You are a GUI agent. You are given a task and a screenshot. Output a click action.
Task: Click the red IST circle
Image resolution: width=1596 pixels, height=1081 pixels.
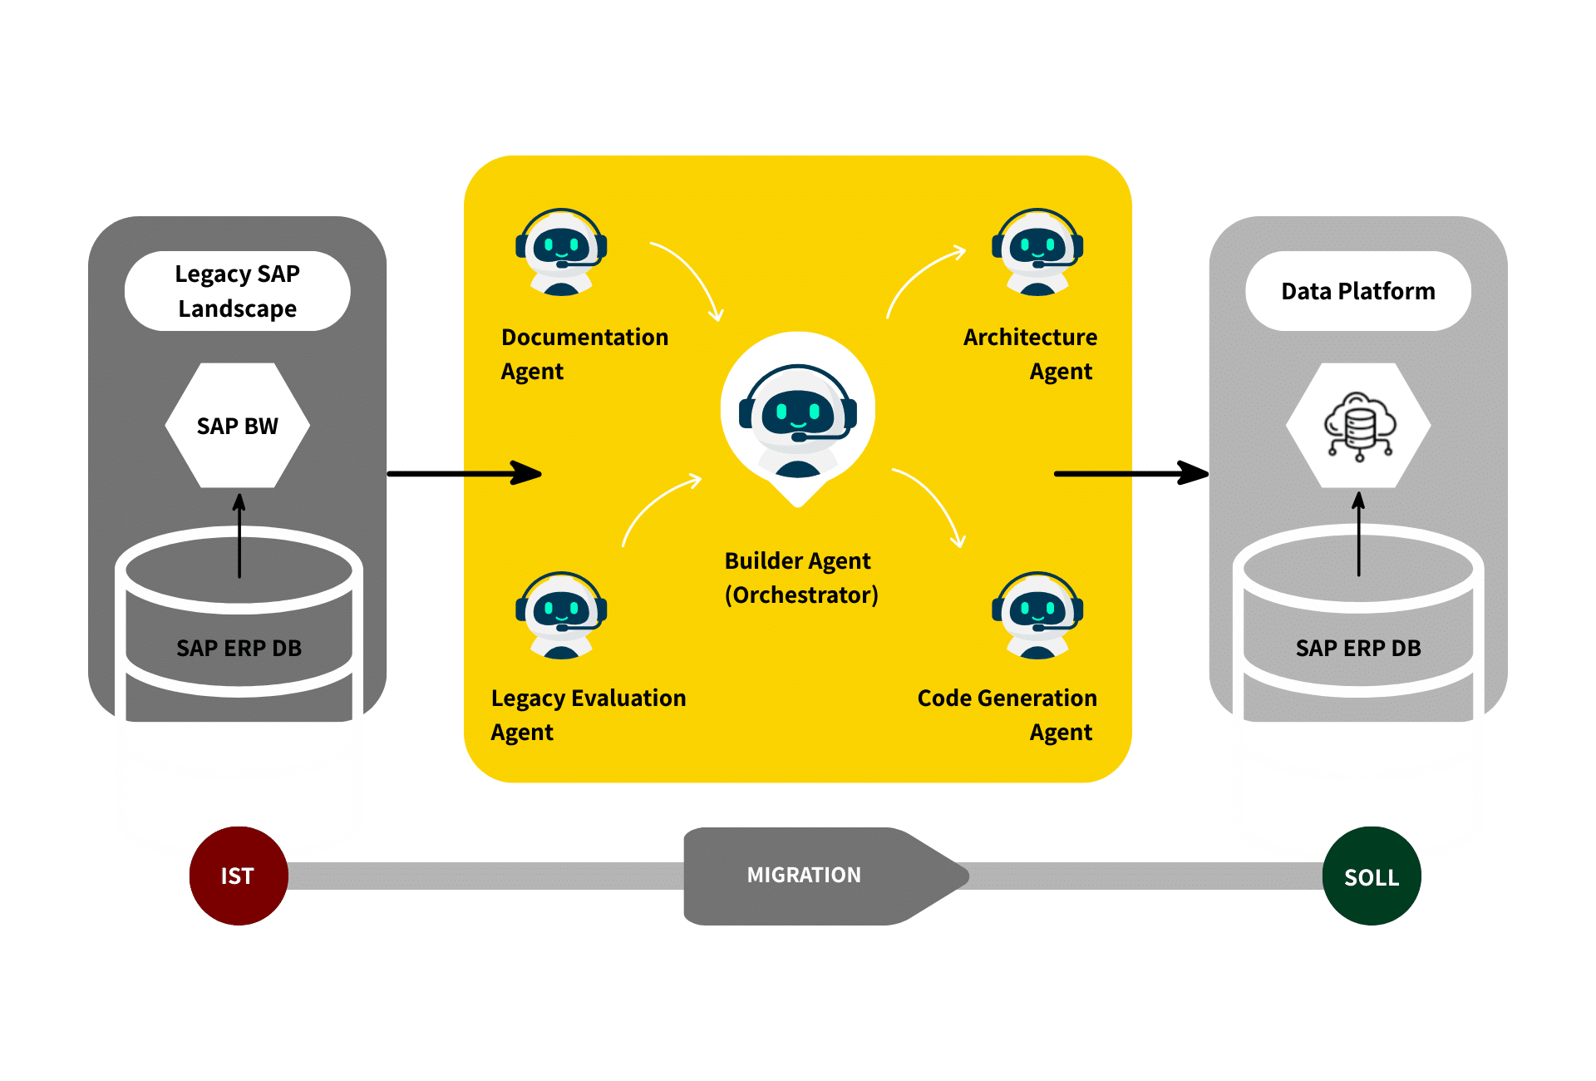click(239, 876)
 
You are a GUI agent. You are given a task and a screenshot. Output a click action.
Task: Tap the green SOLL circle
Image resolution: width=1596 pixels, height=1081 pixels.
click(1372, 876)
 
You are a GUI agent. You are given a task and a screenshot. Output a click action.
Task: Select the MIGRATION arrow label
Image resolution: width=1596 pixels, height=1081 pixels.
click(804, 875)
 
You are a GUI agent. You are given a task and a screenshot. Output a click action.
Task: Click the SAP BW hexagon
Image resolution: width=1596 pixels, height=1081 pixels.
click(238, 426)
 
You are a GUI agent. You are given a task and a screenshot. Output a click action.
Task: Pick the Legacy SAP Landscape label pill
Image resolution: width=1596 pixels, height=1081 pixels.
click(238, 291)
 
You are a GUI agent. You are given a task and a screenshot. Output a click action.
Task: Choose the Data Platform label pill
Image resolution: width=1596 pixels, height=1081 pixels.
click(1358, 291)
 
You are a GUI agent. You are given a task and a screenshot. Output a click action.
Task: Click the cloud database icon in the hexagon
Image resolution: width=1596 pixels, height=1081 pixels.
click(1359, 426)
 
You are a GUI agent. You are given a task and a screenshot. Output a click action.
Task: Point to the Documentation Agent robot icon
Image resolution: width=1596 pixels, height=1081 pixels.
click(561, 252)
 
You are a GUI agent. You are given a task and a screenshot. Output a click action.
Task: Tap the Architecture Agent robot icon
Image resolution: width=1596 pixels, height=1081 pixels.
click(1037, 252)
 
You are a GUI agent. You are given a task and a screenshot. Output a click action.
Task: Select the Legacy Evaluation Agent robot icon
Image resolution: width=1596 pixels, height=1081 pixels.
click(561, 615)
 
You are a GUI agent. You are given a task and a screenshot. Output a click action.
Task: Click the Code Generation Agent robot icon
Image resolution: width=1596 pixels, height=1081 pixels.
click(1037, 615)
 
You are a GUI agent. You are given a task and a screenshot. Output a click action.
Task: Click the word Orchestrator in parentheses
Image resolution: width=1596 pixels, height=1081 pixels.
click(801, 595)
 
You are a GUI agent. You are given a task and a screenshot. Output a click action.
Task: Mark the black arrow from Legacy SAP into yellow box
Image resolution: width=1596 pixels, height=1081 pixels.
click(465, 474)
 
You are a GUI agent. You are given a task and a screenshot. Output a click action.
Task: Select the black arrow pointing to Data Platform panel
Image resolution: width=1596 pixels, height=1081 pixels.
click(1130, 474)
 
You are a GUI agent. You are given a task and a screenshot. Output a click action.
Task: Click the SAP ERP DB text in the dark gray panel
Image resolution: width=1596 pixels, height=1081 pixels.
click(239, 648)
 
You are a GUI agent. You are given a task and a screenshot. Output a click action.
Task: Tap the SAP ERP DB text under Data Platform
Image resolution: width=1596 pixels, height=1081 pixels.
click(1358, 648)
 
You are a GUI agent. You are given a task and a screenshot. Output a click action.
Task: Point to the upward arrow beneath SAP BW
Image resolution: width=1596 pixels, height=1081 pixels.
click(239, 536)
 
